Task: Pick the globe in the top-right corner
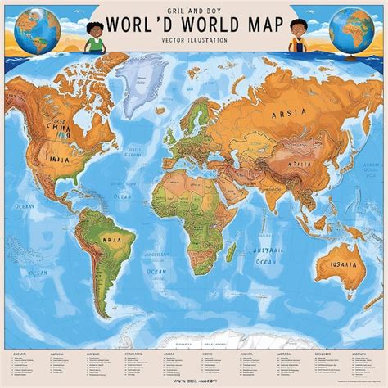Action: point(351,27)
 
